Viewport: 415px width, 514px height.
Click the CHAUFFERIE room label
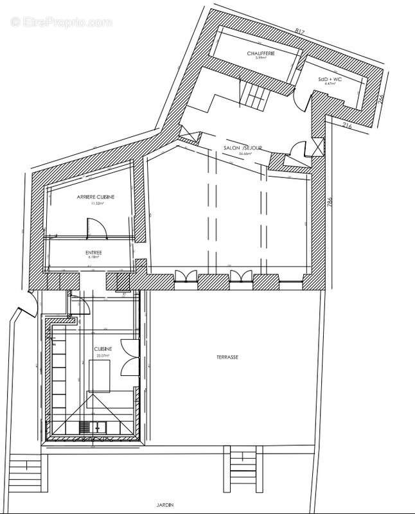pos(260,54)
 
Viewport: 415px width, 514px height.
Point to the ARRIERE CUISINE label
pos(96,197)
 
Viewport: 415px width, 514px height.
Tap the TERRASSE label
pos(228,356)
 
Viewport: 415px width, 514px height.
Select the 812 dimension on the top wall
pos(299,30)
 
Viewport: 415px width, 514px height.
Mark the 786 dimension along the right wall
pos(330,204)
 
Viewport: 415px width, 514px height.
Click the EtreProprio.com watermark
pos(61,21)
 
